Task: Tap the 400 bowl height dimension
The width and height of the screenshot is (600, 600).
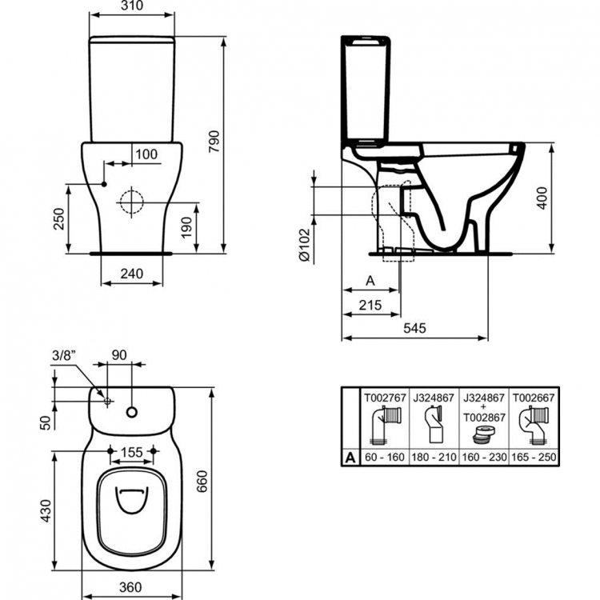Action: click(543, 198)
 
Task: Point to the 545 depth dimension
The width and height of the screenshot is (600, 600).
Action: click(414, 329)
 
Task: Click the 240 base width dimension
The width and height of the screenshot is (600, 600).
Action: click(131, 274)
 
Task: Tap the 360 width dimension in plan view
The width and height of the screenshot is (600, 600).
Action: click(132, 586)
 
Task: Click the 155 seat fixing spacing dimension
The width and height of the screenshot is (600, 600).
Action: click(132, 454)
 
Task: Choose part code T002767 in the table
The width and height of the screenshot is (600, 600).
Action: click(386, 396)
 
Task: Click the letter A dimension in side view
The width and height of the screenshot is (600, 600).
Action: click(370, 281)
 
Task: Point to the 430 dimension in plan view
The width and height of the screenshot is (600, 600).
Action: click(46, 508)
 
